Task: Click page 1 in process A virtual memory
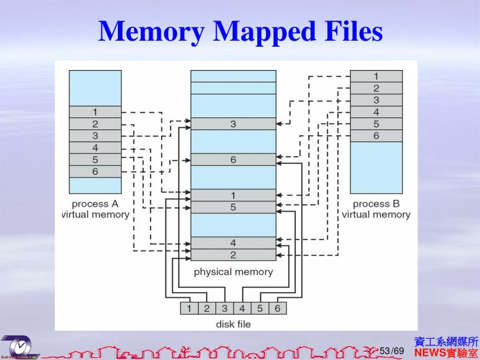95,112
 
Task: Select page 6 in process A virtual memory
95,171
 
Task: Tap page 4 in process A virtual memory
95,147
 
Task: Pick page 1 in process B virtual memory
376,76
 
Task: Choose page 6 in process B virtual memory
376,135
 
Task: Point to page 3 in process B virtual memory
376,100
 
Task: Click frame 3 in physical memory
233,124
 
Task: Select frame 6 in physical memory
233,159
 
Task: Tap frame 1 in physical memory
233,195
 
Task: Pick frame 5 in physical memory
233,207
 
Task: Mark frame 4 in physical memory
233,243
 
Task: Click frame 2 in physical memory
233,255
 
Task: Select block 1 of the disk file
189,308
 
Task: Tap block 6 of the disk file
277,308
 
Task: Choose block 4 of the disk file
242,308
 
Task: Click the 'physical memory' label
233,272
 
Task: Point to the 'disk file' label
233,325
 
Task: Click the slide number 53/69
392,351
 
